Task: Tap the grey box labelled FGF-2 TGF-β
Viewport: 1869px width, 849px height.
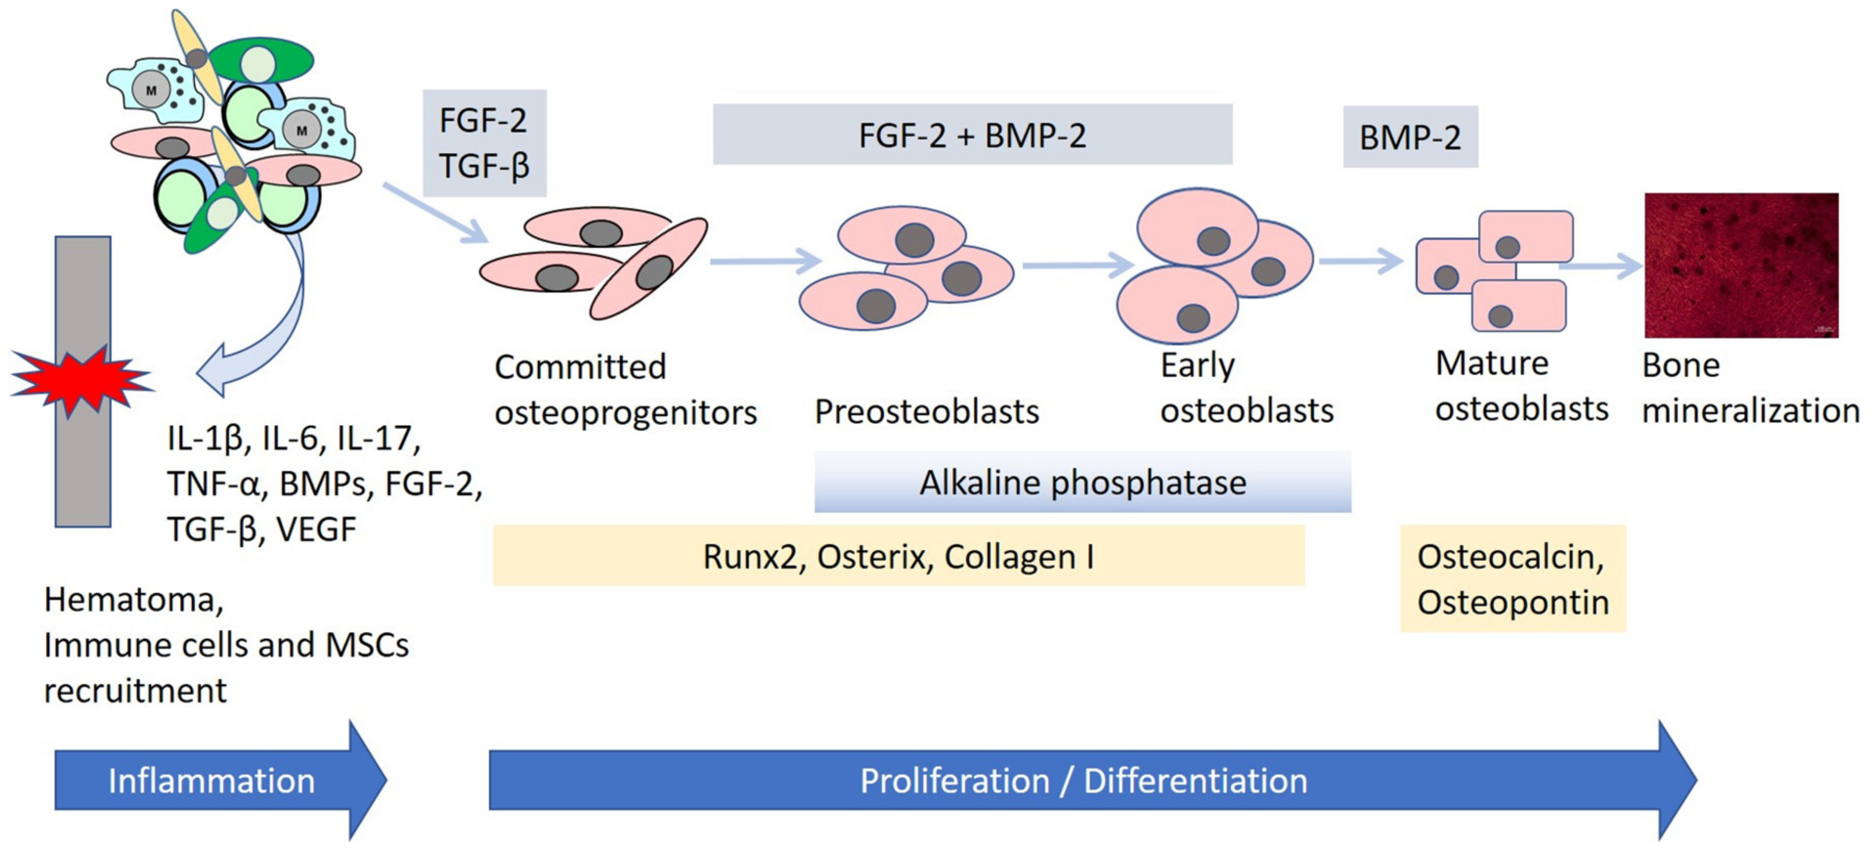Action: click(x=484, y=143)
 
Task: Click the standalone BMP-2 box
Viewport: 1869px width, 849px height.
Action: click(x=1410, y=137)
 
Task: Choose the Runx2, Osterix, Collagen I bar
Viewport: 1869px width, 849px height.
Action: click(x=898, y=556)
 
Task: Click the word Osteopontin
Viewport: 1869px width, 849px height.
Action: click(x=1513, y=602)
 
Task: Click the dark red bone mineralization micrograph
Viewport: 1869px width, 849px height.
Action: click(x=1741, y=265)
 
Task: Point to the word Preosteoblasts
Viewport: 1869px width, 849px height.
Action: click(x=926, y=412)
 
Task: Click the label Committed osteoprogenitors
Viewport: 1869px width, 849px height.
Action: click(x=624, y=390)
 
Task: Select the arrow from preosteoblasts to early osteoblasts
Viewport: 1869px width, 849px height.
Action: click(x=1078, y=265)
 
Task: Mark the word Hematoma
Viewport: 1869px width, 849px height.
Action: click(x=134, y=600)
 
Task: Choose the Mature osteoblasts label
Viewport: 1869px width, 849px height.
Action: click(x=1521, y=386)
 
